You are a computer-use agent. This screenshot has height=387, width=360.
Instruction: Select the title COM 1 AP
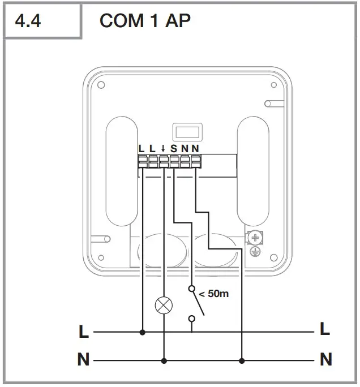click(144, 21)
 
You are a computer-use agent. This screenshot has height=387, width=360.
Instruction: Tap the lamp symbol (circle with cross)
click(164, 306)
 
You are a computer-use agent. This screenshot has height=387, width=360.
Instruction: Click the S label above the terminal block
click(174, 149)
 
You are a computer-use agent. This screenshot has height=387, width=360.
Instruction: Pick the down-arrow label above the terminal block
click(163, 149)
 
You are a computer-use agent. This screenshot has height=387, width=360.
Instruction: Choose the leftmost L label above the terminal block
click(142, 149)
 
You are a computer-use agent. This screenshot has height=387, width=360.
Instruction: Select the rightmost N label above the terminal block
click(195, 149)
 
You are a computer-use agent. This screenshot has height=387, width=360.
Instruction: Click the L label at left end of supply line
click(84, 332)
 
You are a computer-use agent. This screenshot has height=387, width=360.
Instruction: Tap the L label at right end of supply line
click(325, 329)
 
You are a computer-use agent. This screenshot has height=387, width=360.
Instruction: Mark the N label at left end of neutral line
click(84, 360)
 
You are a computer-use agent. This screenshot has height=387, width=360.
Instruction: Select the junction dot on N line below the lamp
click(164, 360)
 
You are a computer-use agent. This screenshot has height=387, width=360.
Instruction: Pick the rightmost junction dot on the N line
click(242, 360)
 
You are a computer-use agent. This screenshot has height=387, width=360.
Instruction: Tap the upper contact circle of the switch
click(192, 289)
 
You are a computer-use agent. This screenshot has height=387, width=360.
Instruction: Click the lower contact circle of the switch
click(192, 319)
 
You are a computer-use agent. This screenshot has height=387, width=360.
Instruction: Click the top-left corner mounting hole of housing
click(101, 85)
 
